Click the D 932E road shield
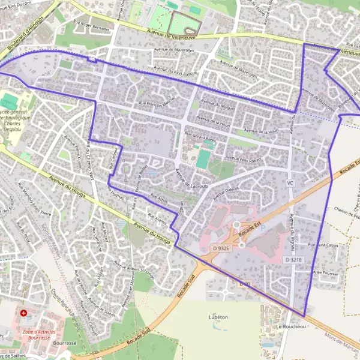222,248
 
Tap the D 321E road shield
293,259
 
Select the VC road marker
290,182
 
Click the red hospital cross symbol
23,313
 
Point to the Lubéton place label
218,316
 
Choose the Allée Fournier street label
325,272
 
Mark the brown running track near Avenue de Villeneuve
183,23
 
